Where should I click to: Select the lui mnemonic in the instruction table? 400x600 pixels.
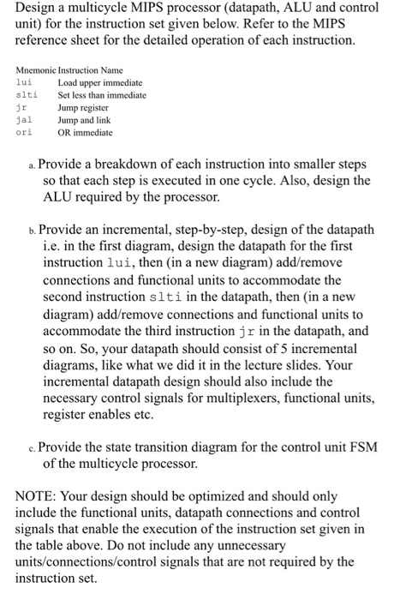[26, 82]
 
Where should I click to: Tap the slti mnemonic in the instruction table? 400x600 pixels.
[28, 95]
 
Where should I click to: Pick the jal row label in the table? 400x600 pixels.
[26, 121]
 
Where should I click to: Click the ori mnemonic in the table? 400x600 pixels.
[26, 133]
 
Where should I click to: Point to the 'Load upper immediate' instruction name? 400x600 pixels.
[100, 82]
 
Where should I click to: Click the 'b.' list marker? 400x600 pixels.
[32, 231]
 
